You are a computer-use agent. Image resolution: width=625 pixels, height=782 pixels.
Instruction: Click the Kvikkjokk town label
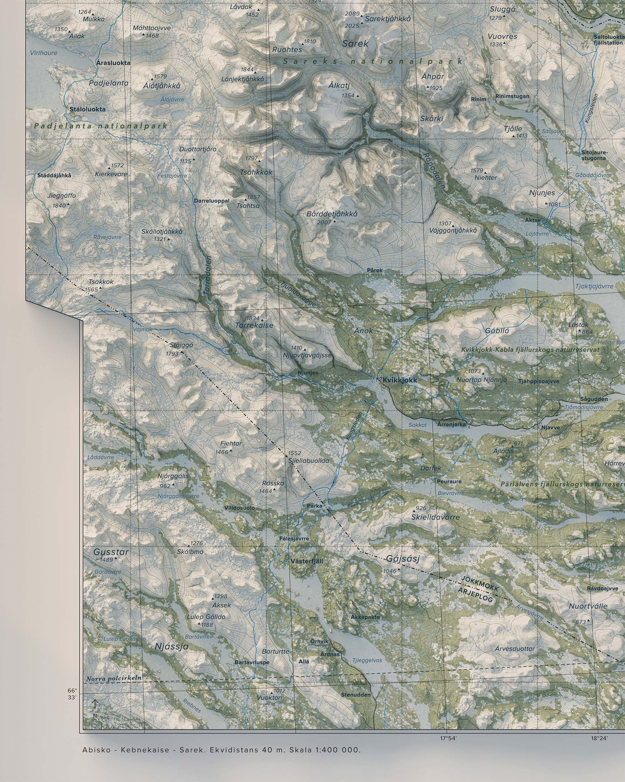point(400,380)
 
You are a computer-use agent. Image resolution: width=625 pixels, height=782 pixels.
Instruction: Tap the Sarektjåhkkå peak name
point(388,18)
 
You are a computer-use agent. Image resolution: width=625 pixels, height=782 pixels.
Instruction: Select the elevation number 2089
point(352,14)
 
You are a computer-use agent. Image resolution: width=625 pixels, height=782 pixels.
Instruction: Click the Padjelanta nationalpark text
point(100,126)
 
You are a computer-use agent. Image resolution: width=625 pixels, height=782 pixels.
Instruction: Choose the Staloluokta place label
point(88,109)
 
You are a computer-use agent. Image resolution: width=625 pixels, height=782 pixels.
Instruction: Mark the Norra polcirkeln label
point(114,678)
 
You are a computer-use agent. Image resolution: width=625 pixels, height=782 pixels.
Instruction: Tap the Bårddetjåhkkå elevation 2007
point(324,222)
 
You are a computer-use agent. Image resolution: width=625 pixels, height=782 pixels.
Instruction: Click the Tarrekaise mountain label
point(254,325)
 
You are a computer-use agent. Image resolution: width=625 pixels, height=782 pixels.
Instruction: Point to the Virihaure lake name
point(43,53)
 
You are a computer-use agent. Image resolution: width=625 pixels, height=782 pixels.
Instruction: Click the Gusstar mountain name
point(111,552)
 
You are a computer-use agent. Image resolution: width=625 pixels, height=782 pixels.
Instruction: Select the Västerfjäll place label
point(307,561)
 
